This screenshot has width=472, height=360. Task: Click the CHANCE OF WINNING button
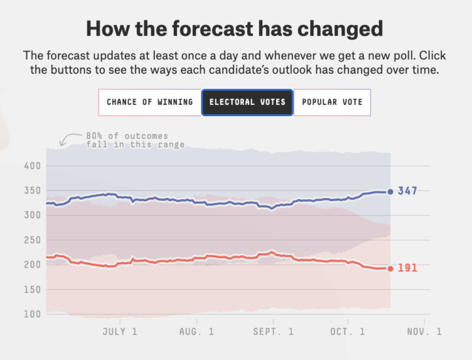[149, 102]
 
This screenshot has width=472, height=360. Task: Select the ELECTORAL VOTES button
[246, 102]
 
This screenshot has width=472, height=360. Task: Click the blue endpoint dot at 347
[391, 191]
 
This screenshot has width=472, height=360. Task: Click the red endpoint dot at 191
[391, 268]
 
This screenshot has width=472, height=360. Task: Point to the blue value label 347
[408, 191]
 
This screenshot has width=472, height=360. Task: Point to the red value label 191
[408, 268]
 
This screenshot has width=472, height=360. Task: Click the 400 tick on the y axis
[34, 166]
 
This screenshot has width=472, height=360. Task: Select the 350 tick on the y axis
[34, 191]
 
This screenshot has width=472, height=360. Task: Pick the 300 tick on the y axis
[34, 215]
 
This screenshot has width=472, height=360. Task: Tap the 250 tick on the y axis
[34, 240]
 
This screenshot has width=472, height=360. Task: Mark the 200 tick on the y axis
[34, 265]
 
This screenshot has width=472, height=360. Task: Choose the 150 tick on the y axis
[34, 289]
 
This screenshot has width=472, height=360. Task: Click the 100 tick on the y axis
[34, 314]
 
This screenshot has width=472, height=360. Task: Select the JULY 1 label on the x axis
[120, 332]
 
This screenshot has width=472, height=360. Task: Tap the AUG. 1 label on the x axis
[197, 332]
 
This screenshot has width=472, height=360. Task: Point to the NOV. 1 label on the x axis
[424, 332]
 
